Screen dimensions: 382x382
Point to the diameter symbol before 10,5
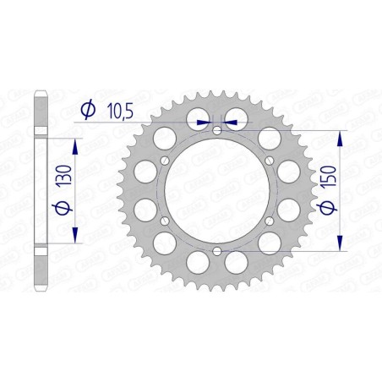pos(87,110)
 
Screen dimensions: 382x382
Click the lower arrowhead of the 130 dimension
pos(77,236)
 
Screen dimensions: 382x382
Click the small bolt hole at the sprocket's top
pos(217,130)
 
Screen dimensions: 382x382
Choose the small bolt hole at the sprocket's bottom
pos(217,251)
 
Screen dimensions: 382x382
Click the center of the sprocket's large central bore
pos(217,190)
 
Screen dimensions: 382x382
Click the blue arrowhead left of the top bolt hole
pos(203,122)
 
